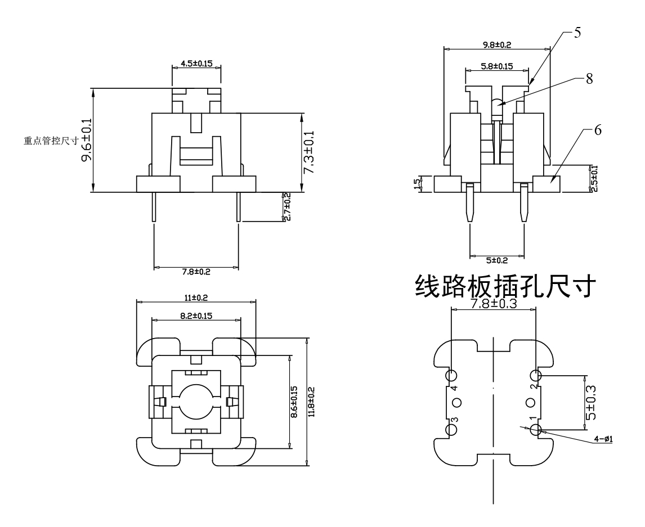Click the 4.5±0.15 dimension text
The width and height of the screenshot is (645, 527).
click(x=196, y=64)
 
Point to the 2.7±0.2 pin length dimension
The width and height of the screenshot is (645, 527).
click(x=287, y=206)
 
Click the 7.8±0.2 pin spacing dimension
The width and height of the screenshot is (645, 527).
click(x=196, y=272)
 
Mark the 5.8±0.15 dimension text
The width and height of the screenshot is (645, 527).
click(x=496, y=66)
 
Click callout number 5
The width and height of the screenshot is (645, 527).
click(x=577, y=33)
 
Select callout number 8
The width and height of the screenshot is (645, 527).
click(x=589, y=79)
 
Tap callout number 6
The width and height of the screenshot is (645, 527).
click(x=598, y=130)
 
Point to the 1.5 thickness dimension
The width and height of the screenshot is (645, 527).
click(x=417, y=184)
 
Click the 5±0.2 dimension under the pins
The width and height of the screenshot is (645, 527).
click(x=497, y=261)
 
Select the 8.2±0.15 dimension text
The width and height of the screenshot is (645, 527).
click(x=196, y=317)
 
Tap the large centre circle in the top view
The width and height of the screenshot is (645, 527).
click(x=196, y=402)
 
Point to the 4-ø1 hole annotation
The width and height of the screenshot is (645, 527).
click(x=604, y=439)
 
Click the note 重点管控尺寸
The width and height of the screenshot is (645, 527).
click(x=50, y=141)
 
